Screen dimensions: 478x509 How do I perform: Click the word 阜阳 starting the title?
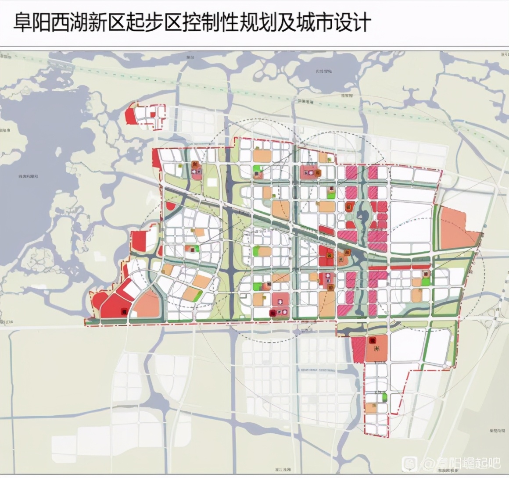point(29,21)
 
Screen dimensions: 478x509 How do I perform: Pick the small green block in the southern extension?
point(385,397)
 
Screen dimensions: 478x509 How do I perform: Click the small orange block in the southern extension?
point(371,408)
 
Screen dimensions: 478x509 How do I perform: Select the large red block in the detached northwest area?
point(130,114)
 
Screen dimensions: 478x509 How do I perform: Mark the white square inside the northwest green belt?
point(212,182)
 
